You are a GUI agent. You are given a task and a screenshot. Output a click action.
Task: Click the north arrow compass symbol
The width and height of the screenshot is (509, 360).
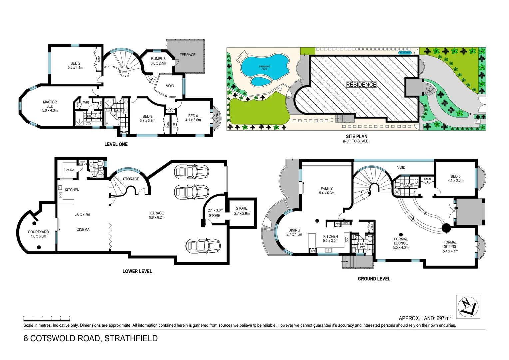click(468, 307)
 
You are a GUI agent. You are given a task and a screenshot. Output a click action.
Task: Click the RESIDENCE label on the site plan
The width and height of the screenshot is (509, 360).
click(361, 85)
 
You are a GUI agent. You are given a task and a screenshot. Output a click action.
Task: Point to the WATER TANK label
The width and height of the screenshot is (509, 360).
click(405, 53)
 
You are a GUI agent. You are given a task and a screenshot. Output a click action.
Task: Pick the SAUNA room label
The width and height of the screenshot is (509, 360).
click(69, 170)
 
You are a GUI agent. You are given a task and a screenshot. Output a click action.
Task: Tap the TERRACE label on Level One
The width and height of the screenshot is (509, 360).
click(187, 55)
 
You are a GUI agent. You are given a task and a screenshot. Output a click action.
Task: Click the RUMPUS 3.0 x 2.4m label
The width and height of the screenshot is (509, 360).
click(158, 61)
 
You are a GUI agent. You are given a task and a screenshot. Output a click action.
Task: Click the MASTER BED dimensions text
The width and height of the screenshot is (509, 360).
click(50, 110)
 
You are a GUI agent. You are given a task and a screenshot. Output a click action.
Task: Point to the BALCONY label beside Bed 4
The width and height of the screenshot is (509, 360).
click(217, 118)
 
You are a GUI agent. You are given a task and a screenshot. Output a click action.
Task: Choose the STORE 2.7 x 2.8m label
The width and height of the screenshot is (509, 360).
click(242, 211)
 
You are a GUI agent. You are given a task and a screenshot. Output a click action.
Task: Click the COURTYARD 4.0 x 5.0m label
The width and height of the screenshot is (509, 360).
click(38, 234)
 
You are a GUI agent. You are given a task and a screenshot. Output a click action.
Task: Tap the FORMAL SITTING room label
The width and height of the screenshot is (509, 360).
click(450, 247)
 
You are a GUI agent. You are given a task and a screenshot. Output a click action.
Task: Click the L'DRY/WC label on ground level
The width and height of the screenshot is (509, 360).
click(362, 246)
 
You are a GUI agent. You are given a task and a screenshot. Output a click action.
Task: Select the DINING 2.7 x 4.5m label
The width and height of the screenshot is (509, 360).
click(294, 232)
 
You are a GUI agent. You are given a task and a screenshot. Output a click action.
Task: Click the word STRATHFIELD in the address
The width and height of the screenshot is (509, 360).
click(131, 338)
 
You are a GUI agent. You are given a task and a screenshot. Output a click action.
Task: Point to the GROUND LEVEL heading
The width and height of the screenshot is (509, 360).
click(374, 279)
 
